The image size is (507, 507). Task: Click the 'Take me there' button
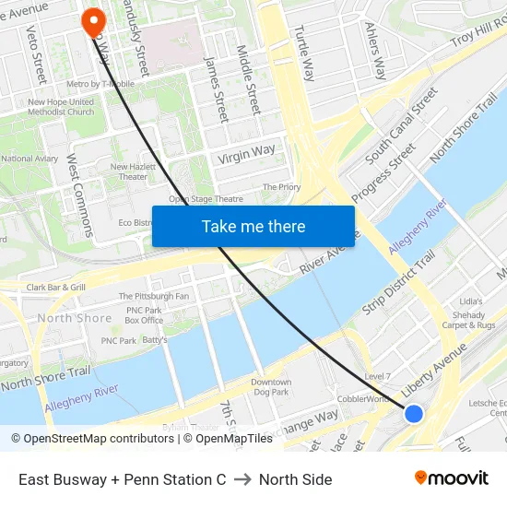click(253, 226)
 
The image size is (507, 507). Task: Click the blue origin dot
click(414, 414)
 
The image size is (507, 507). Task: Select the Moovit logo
click(452, 478)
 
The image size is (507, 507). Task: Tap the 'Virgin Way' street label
click(246, 154)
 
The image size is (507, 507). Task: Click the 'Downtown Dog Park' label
click(271, 387)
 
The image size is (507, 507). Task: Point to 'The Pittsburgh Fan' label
click(154, 296)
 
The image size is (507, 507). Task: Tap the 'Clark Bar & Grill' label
click(56, 288)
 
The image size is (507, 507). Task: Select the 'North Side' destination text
click(295, 479)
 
